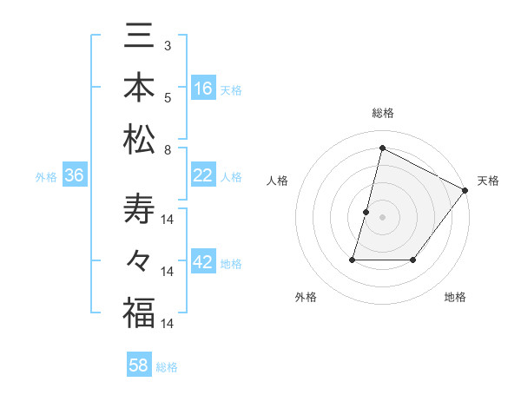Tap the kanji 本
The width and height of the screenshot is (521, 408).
(x=139, y=89)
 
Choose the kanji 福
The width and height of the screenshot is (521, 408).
(x=139, y=312)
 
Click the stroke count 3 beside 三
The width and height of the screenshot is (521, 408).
(x=168, y=44)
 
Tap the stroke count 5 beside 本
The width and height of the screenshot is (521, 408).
(x=168, y=97)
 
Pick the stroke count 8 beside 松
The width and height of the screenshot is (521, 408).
(x=168, y=150)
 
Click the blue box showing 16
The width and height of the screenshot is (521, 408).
(x=203, y=89)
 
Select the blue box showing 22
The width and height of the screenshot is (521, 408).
(x=203, y=175)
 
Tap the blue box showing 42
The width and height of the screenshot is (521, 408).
(x=203, y=263)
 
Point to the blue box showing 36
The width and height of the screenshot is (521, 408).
(x=75, y=176)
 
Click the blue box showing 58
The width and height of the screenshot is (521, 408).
(x=139, y=365)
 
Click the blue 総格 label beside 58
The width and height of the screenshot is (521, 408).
(x=167, y=366)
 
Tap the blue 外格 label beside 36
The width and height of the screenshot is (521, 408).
(x=46, y=177)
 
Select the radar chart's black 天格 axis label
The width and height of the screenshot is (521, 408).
(x=488, y=181)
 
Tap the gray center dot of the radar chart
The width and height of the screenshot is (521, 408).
(x=382, y=217)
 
